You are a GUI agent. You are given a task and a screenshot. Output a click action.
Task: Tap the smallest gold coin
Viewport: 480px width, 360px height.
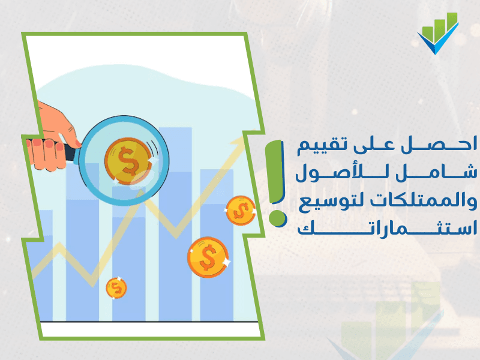(x=116, y=288)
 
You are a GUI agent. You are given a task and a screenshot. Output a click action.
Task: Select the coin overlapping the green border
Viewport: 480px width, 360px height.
(x=240, y=211)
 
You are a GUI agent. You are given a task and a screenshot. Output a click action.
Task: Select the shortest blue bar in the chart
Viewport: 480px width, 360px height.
(x=44, y=264)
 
